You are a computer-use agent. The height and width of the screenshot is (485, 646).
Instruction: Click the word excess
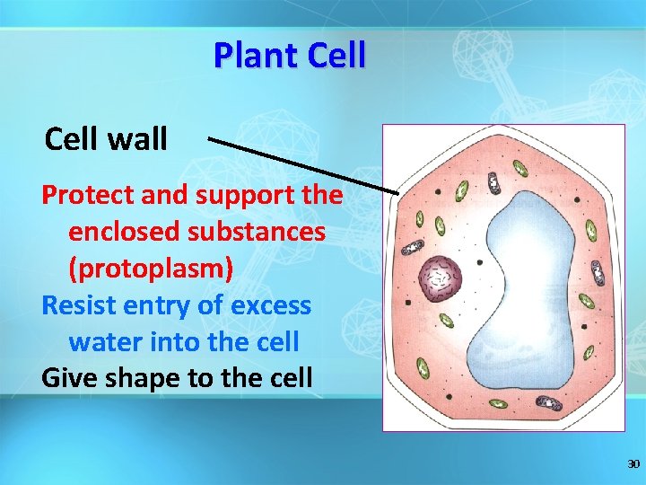click(x=270, y=305)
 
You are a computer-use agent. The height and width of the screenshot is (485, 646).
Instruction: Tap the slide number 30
click(x=633, y=464)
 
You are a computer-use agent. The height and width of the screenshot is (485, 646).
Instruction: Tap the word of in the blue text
click(x=210, y=305)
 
